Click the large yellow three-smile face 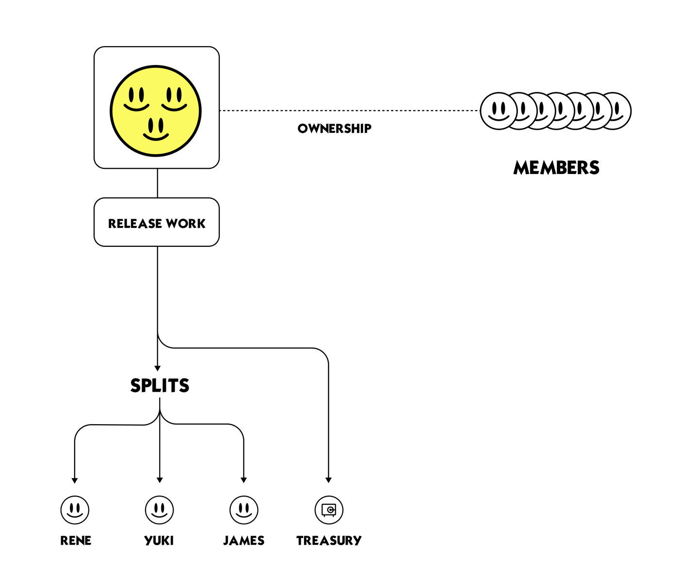[x=156, y=111]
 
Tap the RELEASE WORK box [x=157, y=223]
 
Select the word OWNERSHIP [x=335, y=128]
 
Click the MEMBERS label [x=556, y=168]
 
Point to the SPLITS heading [x=160, y=385]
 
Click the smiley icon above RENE [x=75, y=510]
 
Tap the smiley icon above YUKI [x=159, y=510]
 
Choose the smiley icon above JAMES [x=244, y=510]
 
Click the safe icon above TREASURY [x=329, y=510]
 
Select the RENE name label [x=76, y=541]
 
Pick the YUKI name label [x=159, y=541]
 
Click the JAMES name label [x=244, y=541]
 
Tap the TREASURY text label [x=329, y=541]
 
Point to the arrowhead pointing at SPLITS [x=158, y=368]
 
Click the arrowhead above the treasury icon [x=328, y=480]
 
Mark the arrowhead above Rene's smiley [x=75, y=480]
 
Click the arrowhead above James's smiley [x=244, y=480]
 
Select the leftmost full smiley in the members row [x=498, y=111]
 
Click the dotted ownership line [x=349, y=111]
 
